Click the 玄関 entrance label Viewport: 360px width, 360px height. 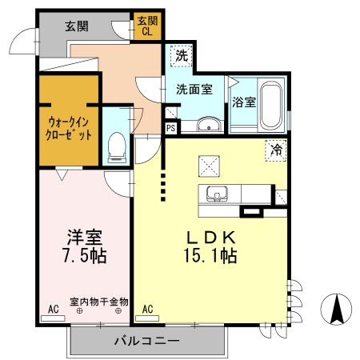[x=77, y=26]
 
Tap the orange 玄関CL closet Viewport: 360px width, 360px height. [x=148, y=26]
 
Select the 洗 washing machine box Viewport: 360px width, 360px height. [x=182, y=56]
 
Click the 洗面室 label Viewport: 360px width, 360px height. [x=195, y=90]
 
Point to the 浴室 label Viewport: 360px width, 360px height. [x=244, y=102]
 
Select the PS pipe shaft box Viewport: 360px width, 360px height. [x=170, y=127]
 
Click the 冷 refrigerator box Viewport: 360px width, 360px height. [x=276, y=148]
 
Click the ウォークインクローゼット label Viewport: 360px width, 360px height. [x=68, y=128]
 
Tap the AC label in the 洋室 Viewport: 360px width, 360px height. [x=53, y=308]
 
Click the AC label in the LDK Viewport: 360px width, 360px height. [x=148, y=308]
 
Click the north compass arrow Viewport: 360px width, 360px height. [x=337, y=306]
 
